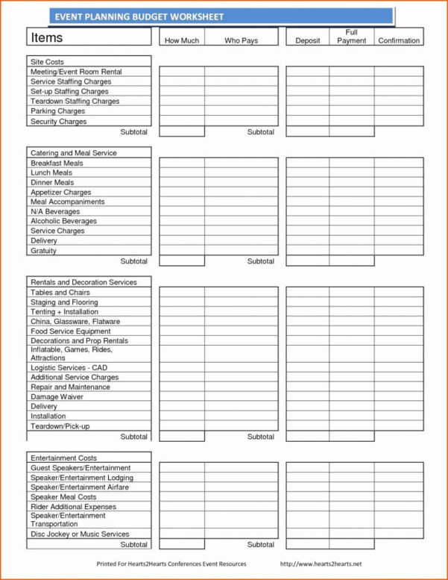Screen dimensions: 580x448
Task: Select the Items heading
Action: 46,37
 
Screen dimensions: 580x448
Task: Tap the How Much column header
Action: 181,40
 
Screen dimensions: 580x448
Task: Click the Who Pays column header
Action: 241,40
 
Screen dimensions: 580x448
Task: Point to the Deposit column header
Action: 307,40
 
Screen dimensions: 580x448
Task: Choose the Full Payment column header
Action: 351,37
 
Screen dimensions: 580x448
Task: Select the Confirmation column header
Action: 399,40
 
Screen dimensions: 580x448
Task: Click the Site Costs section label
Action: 47,62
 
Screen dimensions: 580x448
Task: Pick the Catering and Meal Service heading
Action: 73,153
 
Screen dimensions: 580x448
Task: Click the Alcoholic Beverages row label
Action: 63,222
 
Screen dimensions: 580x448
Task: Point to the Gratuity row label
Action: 43,251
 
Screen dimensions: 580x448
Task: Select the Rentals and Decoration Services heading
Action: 83,282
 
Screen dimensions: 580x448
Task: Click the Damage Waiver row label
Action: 57,397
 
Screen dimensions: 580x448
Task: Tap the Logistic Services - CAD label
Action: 69,368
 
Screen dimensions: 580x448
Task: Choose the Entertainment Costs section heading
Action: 63,458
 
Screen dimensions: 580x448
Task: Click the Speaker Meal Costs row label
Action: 63,497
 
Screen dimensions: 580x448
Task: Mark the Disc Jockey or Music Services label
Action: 80,534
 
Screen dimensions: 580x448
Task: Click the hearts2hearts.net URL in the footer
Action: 320,564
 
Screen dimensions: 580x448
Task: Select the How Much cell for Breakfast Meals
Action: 181,163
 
